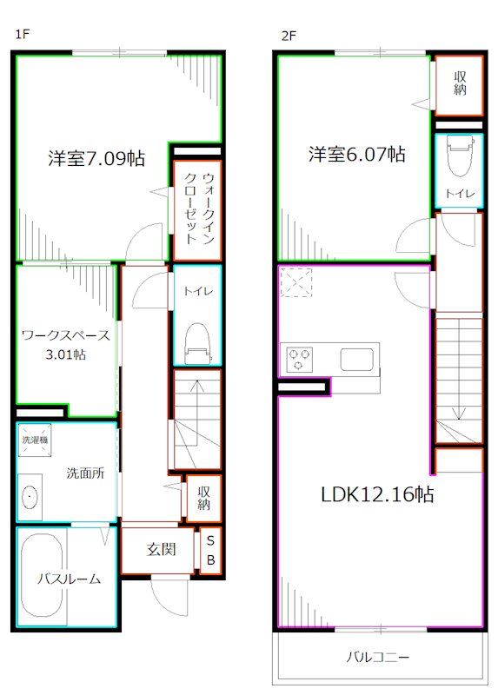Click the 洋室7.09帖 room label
click(96, 159)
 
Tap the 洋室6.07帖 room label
click(356, 155)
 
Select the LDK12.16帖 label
click(377, 495)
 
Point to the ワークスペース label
click(65, 335)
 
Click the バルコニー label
click(377, 657)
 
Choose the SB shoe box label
click(209, 550)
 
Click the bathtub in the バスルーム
click(41, 578)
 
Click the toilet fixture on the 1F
click(198, 341)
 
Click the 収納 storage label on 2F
click(458, 84)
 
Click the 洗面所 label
click(85, 473)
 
